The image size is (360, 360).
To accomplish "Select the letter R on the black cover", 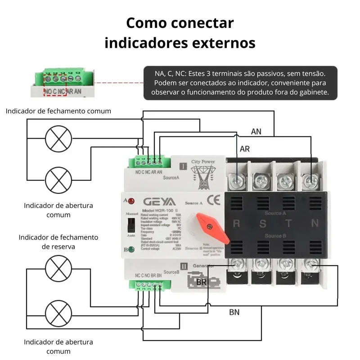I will point(236,223).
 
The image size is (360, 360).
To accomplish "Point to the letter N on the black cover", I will point(315,223).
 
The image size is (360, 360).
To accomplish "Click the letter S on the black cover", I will point(262,223).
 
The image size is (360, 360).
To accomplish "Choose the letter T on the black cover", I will point(288,223).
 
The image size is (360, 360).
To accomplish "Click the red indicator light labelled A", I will point(131,201).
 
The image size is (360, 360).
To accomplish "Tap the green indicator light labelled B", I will point(131,249).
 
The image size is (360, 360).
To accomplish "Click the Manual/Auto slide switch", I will point(131,225).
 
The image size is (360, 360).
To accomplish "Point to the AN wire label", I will point(256,132).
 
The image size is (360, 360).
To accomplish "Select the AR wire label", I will point(245,149).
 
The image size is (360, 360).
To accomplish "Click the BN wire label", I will point(234,312).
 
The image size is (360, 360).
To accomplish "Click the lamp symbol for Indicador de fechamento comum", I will point(59,139).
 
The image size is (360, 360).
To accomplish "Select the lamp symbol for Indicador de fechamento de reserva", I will point(59,268).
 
